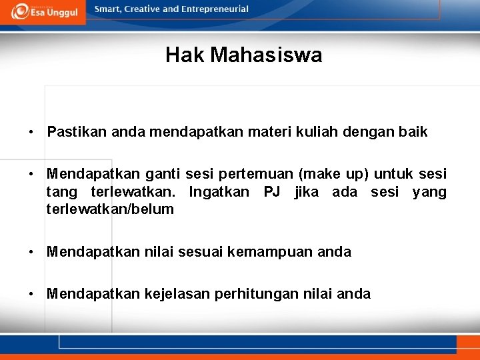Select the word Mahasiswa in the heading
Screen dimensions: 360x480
[x=266, y=55]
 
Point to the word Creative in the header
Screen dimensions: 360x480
[x=141, y=9]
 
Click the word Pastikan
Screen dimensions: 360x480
[x=77, y=132]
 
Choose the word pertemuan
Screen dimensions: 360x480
[x=261, y=175]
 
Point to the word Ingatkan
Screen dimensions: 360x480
[x=219, y=193]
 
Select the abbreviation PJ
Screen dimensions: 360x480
[x=271, y=193]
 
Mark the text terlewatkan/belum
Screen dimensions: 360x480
[x=110, y=209]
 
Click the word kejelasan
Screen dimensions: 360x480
[x=177, y=294]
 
